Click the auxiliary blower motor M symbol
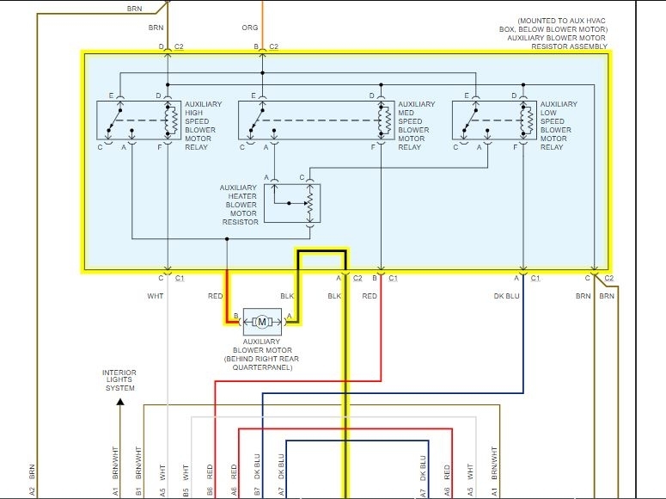pyautogui.click(x=263, y=322)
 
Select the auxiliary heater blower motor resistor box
pyautogui.click(x=291, y=203)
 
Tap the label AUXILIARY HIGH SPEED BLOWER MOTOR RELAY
pyautogui.click(x=203, y=126)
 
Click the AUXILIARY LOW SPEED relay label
pyautogui.click(x=559, y=126)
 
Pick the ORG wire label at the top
pyautogui.click(x=249, y=28)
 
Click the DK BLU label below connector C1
pyautogui.click(x=507, y=296)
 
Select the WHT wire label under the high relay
pyautogui.click(x=156, y=296)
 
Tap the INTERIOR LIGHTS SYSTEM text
pyautogui.click(x=119, y=380)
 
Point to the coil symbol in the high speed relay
pyautogui.click(x=169, y=121)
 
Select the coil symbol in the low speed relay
pyautogui.click(x=522, y=121)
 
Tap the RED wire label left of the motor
pyautogui.click(x=215, y=296)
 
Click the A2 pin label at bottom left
pyautogui.click(x=32, y=491)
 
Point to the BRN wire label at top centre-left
pyautogui.click(x=156, y=28)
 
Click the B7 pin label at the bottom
pyautogui.click(x=256, y=491)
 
